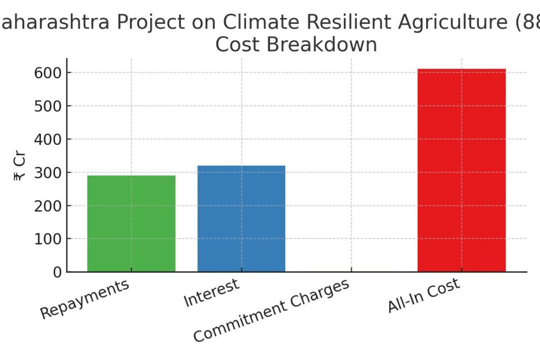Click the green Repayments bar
click(131, 223)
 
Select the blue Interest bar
click(242, 219)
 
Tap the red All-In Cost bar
click(461, 170)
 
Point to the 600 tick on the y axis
click(48, 73)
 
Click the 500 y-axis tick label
click(48, 106)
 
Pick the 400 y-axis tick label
click(48, 139)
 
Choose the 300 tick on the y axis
click(48, 172)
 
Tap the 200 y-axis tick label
click(48, 206)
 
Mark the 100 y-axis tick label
click(48, 239)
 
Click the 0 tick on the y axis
click(57, 272)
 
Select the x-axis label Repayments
click(85, 299)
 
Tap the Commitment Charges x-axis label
click(271, 310)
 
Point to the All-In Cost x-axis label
click(423, 295)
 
